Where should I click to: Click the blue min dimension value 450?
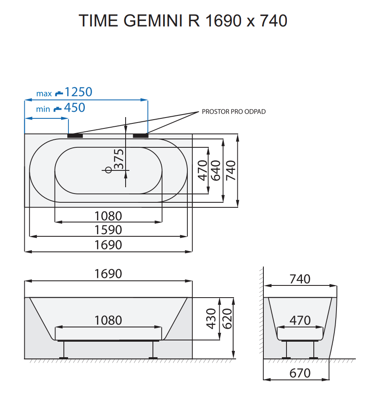tap(74, 108)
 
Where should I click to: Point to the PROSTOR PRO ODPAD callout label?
tap(234, 112)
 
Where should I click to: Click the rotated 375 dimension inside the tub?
tap(119, 159)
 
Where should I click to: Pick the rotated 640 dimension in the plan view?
tap(215, 170)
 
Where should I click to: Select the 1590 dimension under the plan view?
tap(108, 230)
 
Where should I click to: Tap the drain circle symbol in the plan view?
tap(108, 170)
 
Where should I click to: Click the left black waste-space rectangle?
tap(76, 136)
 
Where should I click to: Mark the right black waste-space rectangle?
tap(141, 136)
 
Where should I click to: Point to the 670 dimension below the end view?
tap(300, 373)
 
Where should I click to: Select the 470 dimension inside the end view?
tap(300, 321)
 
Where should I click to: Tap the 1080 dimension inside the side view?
tap(108, 321)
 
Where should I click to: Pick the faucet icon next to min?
tap(57, 109)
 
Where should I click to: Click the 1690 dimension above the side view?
tap(108, 274)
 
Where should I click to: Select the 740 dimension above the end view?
tap(300, 279)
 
